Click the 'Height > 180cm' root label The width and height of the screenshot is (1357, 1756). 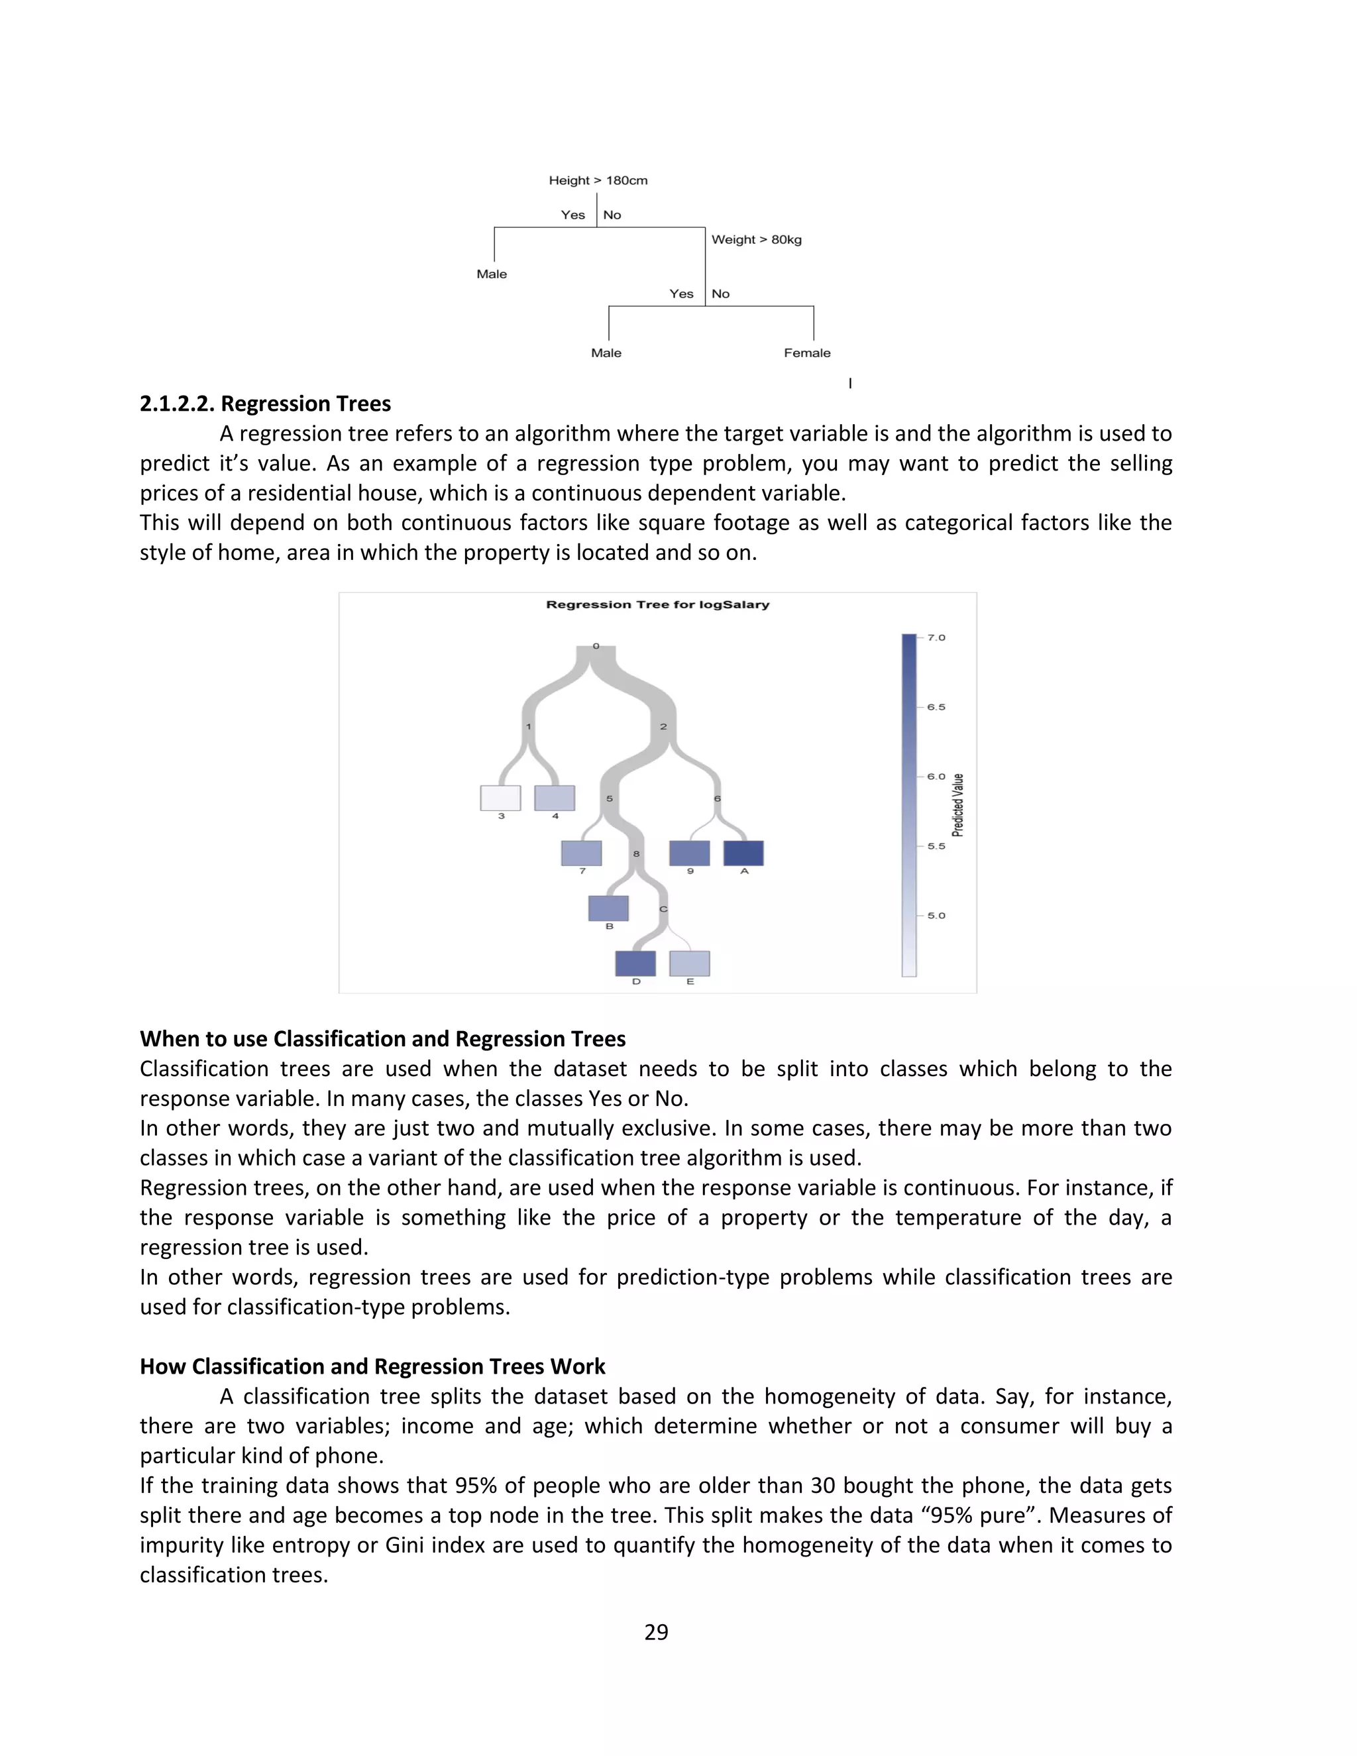click(598, 180)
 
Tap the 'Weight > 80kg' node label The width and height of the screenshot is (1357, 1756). click(757, 240)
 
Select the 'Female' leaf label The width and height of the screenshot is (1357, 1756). click(807, 353)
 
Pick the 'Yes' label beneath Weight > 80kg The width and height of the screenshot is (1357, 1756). click(681, 294)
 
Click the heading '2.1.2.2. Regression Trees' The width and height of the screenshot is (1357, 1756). click(265, 404)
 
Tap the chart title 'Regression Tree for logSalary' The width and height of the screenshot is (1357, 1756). click(657, 604)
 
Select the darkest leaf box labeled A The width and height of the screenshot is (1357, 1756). click(743, 853)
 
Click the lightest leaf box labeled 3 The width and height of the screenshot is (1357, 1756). click(500, 798)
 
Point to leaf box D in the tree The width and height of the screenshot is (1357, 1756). click(635, 963)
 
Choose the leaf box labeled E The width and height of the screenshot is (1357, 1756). click(690, 963)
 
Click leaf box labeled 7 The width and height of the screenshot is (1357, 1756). click(581, 853)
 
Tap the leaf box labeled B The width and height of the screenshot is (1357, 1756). click(608, 908)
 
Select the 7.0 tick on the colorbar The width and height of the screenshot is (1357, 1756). click(936, 637)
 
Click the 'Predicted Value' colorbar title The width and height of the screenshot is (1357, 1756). click(958, 805)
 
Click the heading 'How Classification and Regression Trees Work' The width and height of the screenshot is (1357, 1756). click(372, 1367)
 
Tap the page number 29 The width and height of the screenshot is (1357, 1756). click(656, 1632)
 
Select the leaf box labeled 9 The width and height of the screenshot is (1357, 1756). click(690, 853)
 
